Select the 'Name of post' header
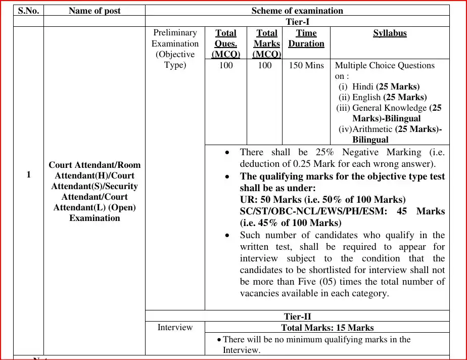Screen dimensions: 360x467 tap(95, 11)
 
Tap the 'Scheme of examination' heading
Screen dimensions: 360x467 tap(297, 11)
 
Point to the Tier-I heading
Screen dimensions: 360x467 tap(297, 22)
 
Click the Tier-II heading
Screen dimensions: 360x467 tap(297, 317)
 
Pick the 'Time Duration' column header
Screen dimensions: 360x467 tap(306, 38)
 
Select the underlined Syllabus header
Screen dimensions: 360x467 tap(390, 33)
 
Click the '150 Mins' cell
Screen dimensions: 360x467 tap(306, 65)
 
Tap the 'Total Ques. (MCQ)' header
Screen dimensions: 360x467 tap(225, 43)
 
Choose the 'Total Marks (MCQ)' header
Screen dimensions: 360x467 tap(266, 43)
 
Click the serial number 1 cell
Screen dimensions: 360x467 tap(28, 174)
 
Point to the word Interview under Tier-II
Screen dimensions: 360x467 tap(175, 327)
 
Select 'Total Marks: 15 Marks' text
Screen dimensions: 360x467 tap(328, 328)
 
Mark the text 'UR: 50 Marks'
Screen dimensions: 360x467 tap(271, 199)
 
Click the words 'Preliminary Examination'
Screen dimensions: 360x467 tap(175, 38)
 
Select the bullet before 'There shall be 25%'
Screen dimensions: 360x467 tap(229, 152)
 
